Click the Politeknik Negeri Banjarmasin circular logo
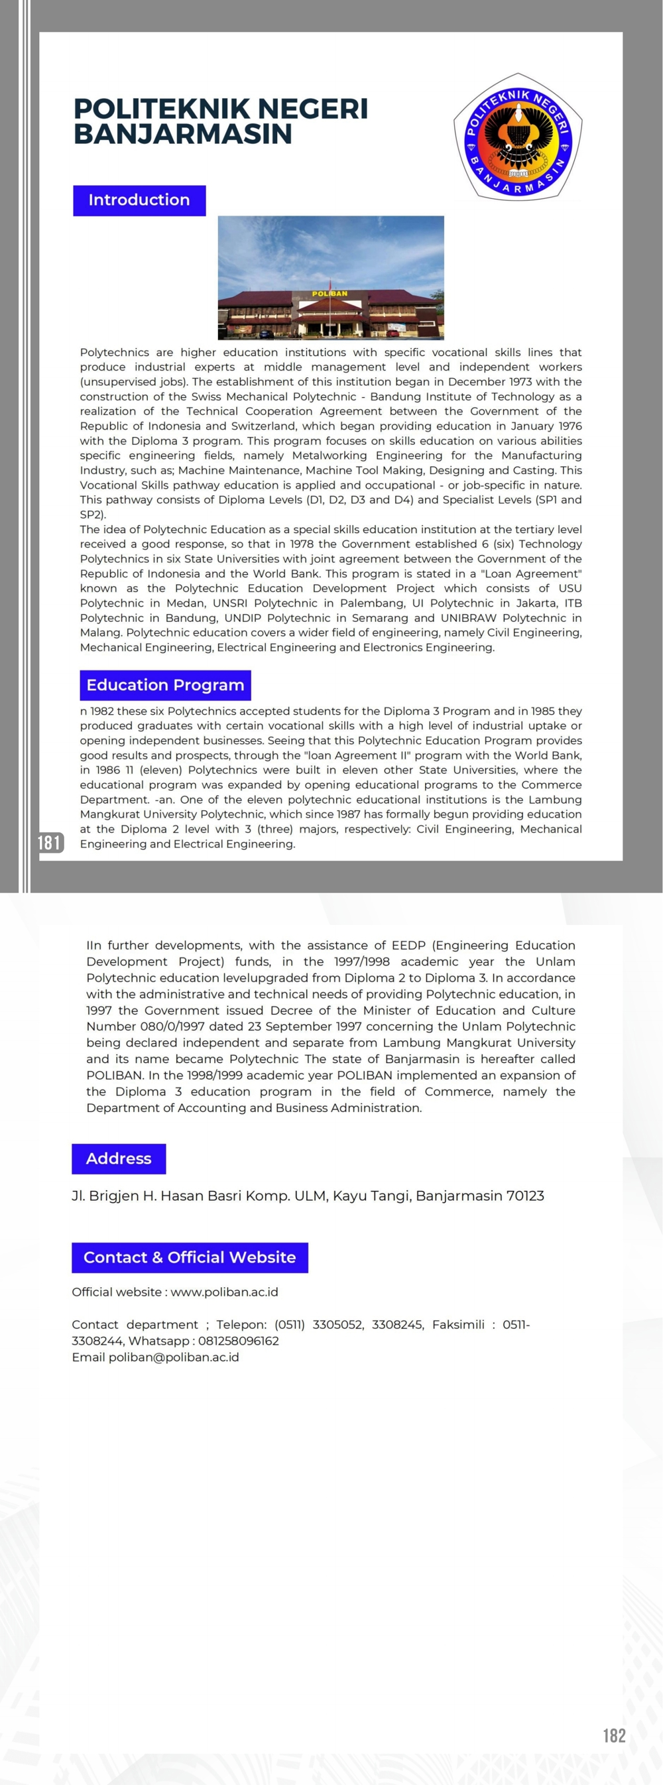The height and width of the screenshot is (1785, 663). pyautogui.click(x=518, y=137)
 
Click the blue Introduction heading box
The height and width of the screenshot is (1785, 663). pyautogui.click(x=139, y=200)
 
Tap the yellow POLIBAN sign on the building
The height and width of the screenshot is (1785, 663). pyautogui.click(x=330, y=294)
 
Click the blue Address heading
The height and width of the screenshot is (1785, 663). pyautogui.click(x=119, y=1158)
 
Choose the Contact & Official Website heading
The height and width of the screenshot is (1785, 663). pyautogui.click(x=189, y=1257)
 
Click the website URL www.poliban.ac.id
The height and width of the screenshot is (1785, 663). pyautogui.click(x=225, y=1292)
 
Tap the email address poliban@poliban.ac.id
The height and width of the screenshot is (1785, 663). pyautogui.click(x=173, y=1357)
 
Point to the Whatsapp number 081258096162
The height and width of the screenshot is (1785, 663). pyautogui.click(x=238, y=1341)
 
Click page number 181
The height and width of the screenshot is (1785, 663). pyautogui.click(x=50, y=843)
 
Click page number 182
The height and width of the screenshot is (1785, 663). pyautogui.click(x=614, y=1735)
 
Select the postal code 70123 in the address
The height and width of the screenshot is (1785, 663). pyautogui.click(x=525, y=1196)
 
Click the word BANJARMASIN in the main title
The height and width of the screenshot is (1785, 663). pyautogui.click(x=183, y=135)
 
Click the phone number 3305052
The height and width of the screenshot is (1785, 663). pyautogui.click(x=337, y=1324)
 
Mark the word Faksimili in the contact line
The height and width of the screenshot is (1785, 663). pyautogui.click(x=458, y=1324)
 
